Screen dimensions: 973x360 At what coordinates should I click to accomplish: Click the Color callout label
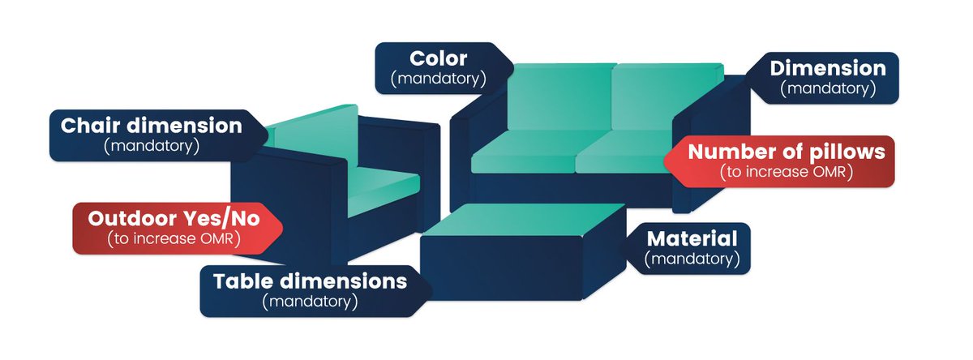[x=439, y=68]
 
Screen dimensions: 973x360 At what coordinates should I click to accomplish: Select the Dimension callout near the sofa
[x=827, y=78]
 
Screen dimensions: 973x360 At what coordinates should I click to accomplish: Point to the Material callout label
[x=692, y=248]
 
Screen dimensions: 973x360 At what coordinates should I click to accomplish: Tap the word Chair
[x=88, y=126]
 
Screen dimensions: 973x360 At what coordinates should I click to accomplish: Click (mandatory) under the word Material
[x=692, y=259]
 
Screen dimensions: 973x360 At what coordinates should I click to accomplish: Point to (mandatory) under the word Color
[x=438, y=79]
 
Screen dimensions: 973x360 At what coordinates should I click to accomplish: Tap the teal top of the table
[x=519, y=221]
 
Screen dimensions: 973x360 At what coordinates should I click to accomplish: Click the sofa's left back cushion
[x=559, y=97]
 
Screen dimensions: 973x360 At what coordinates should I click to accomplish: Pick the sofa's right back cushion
[x=665, y=97]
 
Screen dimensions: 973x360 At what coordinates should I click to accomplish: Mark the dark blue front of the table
[x=503, y=268]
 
